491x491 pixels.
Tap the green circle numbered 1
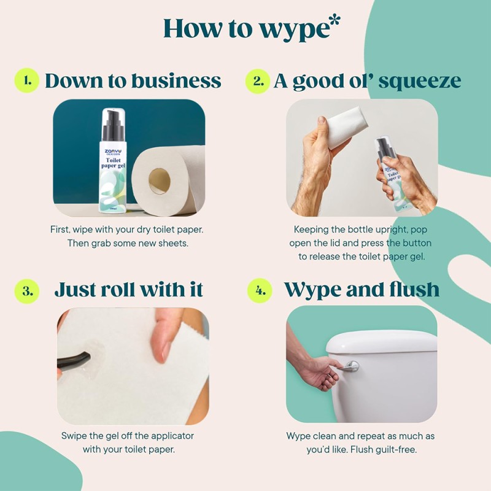click(x=26, y=81)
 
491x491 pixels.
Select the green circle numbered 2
click(x=257, y=81)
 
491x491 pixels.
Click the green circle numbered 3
click(x=27, y=290)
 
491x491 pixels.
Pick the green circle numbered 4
click(x=260, y=290)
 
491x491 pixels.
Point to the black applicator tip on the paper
click(x=77, y=360)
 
